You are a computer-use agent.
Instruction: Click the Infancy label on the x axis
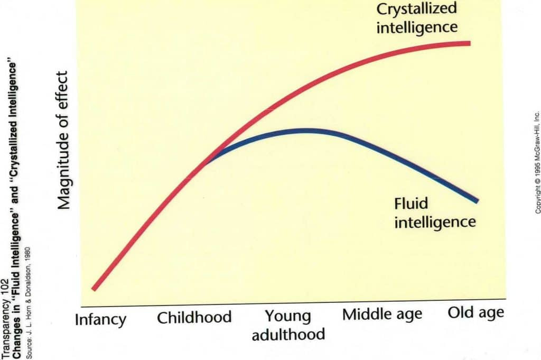101,320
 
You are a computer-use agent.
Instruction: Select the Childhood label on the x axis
194,317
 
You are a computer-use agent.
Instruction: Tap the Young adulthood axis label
288,325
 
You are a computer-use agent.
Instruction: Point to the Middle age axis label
383,315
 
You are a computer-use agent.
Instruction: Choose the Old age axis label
475,312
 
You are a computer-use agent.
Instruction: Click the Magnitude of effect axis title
64,133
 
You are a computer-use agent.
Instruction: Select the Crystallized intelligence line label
417,17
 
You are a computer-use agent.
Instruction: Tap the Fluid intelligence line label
435,212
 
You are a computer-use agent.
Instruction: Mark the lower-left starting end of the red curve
94,289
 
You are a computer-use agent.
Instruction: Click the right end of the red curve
469,43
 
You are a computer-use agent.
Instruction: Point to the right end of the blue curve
477,201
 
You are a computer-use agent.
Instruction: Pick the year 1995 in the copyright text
537,168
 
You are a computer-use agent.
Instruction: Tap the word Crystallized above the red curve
417,9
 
